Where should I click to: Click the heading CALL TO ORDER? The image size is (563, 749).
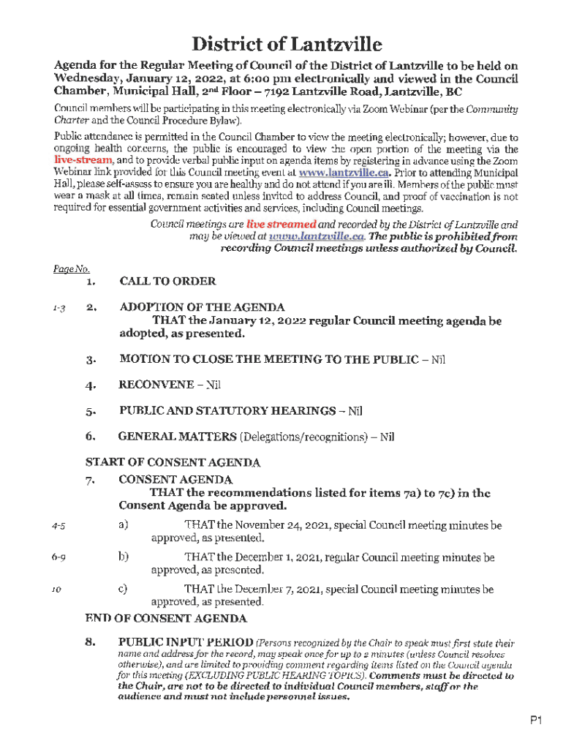pyautogui.click(x=167, y=281)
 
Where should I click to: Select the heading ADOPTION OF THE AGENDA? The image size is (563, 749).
pyautogui.click(x=202, y=307)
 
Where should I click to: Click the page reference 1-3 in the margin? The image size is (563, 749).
pyautogui.click(x=59, y=308)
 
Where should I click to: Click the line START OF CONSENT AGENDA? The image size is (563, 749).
pyautogui.click(x=173, y=463)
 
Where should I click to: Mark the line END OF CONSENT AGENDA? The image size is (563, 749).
pyautogui.click(x=166, y=619)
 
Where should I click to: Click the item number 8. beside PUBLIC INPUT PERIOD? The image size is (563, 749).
pyautogui.click(x=91, y=642)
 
